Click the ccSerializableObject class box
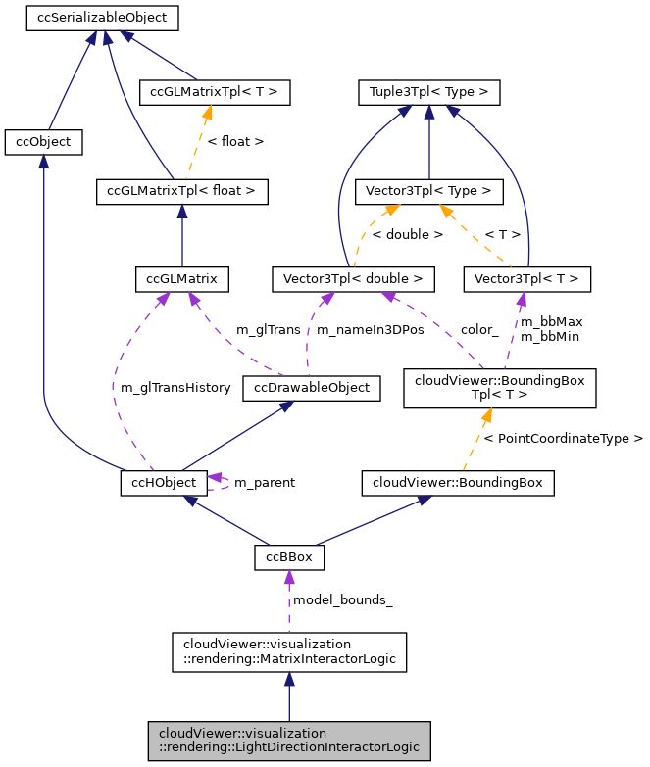(x=102, y=18)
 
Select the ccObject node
(x=43, y=142)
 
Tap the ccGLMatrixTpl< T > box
(x=215, y=93)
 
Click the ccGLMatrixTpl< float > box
(x=181, y=190)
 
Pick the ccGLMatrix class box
(x=181, y=279)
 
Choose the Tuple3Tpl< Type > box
(x=428, y=93)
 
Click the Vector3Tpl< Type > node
(x=428, y=190)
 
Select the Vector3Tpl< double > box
(x=352, y=279)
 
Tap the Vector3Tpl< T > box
(x=527, y=279)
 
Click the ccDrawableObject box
(x=312, y=388)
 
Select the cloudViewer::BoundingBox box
(x=458, y=482)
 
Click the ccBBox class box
(x=289, y=557)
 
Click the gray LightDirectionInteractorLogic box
(x=288, y=740)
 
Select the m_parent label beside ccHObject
(x=264, y=483)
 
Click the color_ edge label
(x=479, y=330)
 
